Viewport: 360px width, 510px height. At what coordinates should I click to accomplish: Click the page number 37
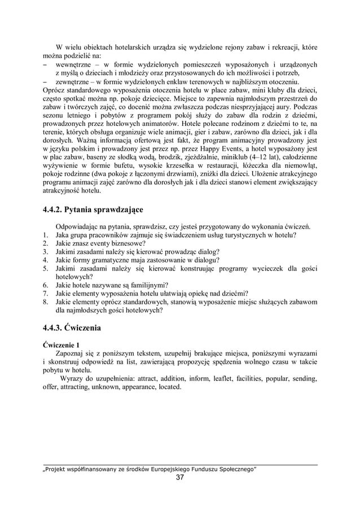point(180,478)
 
